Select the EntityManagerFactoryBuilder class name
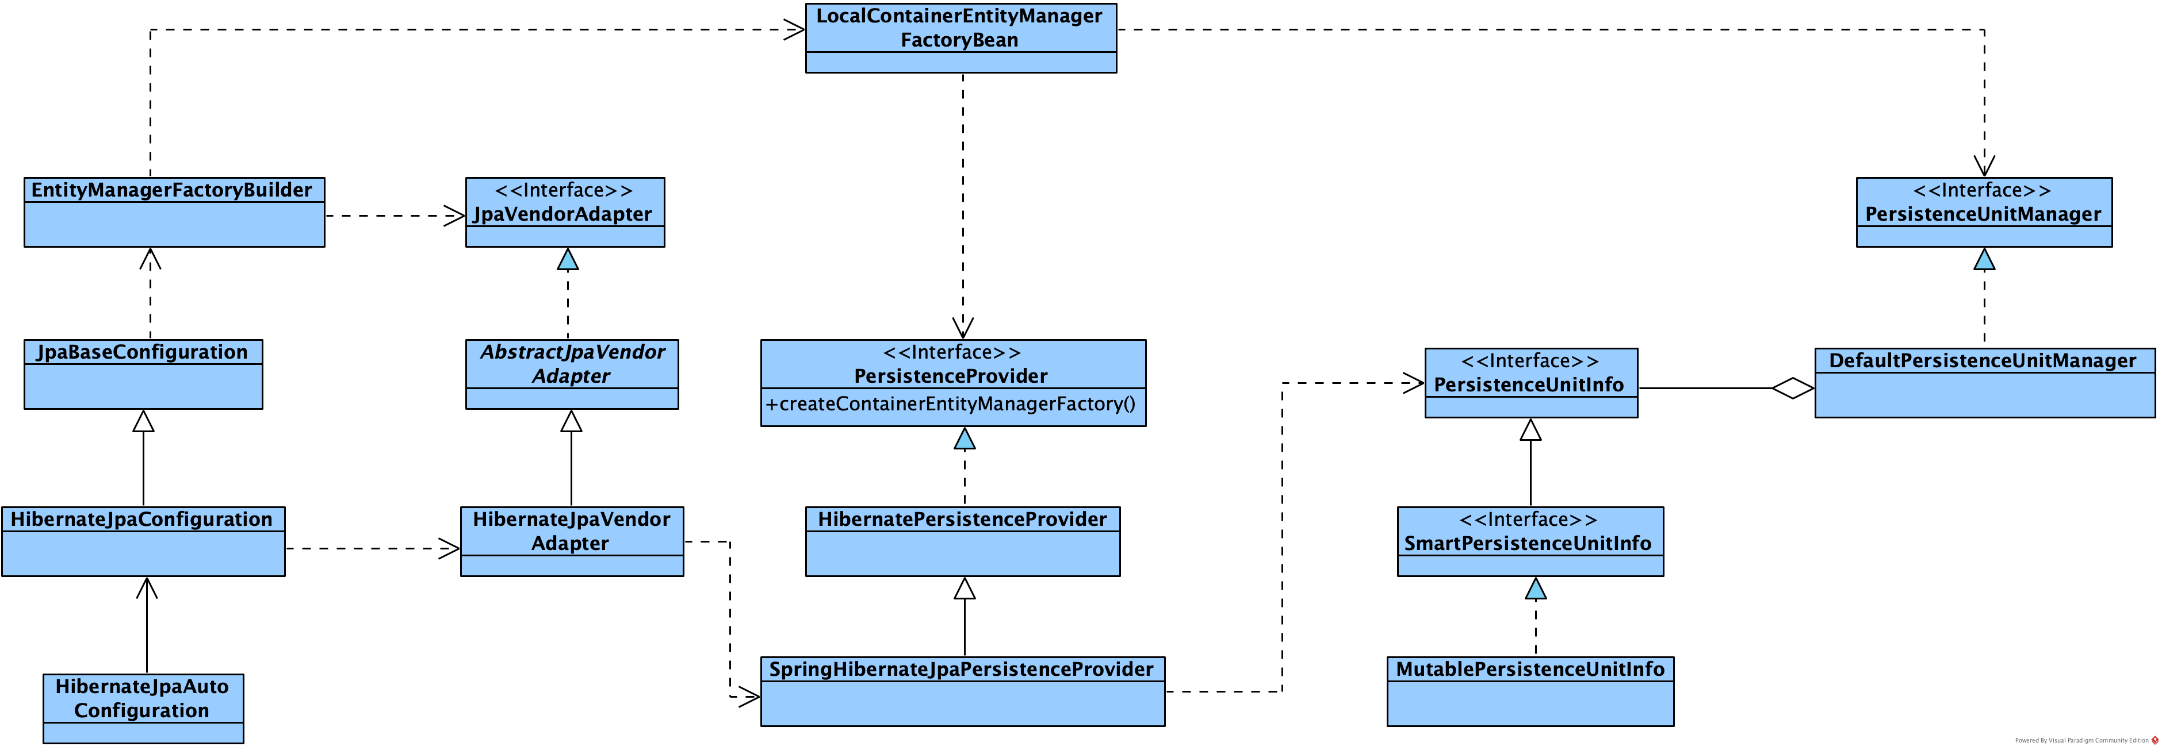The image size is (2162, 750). click(x=171, y=190)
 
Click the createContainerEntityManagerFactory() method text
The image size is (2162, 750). click(x=950, y=405)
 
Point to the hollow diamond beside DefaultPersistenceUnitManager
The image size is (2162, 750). click(x=1793, y=389)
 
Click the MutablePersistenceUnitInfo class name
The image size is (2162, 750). click(x=1529, y=670)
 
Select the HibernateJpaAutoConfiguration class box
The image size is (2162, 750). click(x=143, y=708)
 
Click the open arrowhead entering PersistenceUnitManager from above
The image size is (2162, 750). click(x=1984, y=166)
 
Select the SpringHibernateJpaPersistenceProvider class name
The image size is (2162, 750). click(x=961, y=670)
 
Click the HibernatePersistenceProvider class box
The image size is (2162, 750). click(x=962, y=541)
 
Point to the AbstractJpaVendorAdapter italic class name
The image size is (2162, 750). click(x=572, y=364)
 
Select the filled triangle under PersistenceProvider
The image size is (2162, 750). click(x=965, y=439)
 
